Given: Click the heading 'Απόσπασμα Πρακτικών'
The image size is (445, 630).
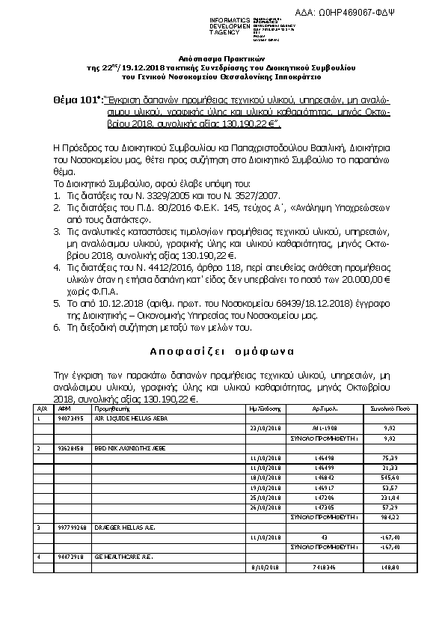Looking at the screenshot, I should tap(223, 58).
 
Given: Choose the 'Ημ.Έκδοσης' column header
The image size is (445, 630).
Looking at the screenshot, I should tap(264, 410).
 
